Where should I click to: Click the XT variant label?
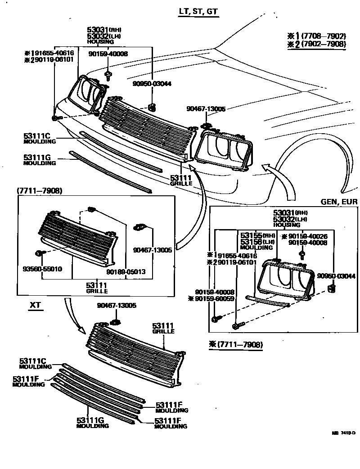point(35,305)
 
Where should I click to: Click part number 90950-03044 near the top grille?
point(152,84)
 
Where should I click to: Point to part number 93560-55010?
point(42,269)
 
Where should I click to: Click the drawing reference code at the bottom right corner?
point(343,433)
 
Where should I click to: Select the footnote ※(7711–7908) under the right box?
point(236,344)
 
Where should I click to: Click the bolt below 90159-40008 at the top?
point(108,73)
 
